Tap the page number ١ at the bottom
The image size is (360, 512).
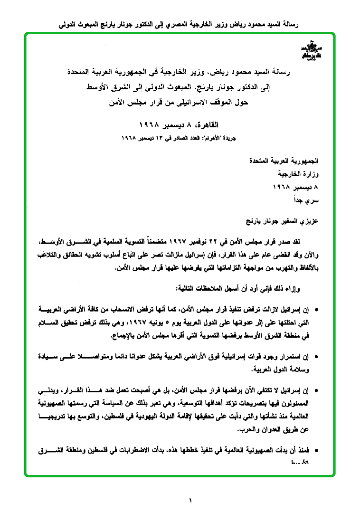[x=190, y=500]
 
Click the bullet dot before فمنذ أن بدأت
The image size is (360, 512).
[x=317, y=450]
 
